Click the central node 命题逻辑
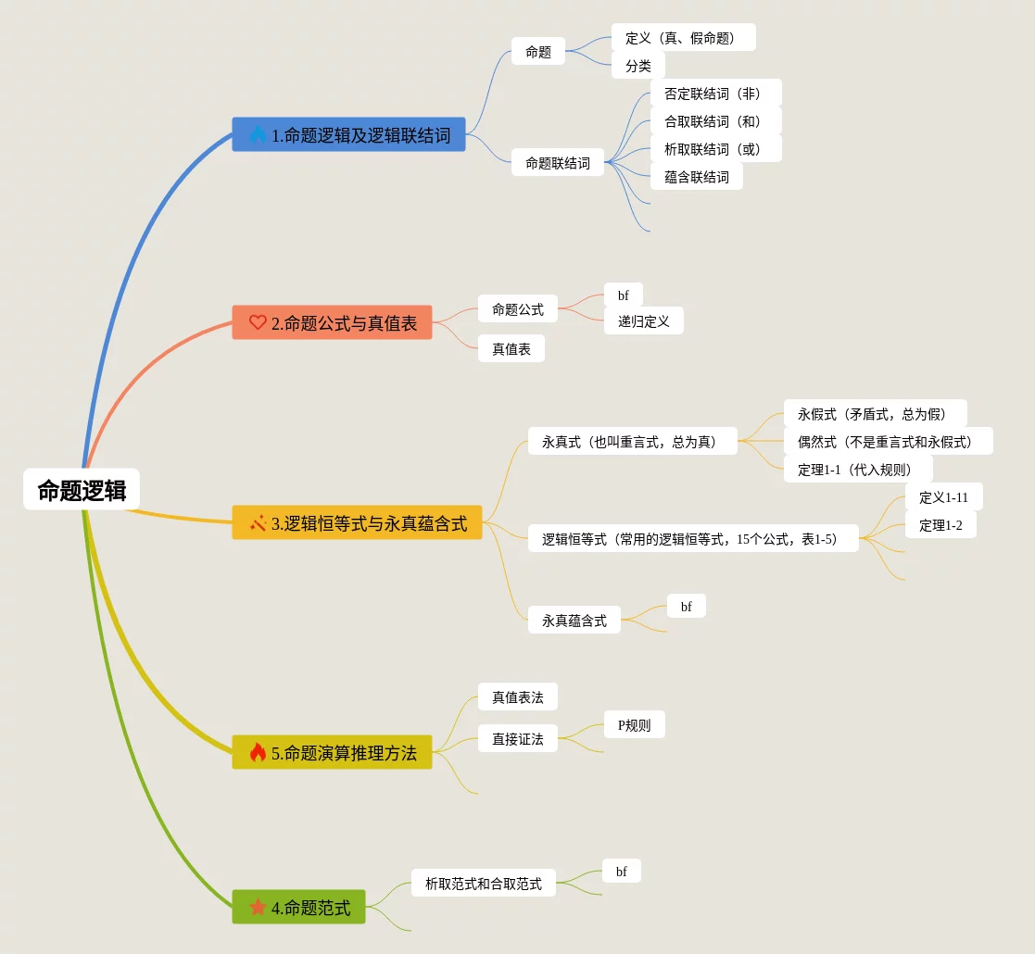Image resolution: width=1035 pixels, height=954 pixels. click(82, 490)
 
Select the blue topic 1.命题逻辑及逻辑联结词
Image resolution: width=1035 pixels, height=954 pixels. click(348, 135)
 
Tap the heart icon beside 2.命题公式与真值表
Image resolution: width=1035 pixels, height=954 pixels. click(258, 322)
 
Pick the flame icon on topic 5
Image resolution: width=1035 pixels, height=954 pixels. click(258, 752)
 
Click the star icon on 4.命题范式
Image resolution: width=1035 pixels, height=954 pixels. click(258, 907)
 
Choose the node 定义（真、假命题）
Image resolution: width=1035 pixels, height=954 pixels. click(683, 38)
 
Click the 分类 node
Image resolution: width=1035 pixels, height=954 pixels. click(637, 66)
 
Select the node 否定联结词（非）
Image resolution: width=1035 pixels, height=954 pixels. click(715, 94)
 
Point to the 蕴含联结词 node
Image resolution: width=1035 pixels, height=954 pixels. click(696, 177)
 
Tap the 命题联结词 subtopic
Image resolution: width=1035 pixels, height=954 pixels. click(557, 163)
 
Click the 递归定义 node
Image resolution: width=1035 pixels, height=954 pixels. click(643, 321)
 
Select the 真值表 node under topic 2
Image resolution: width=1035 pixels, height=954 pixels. click(511, 349)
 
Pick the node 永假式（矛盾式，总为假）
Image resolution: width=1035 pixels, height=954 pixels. click(875, 414)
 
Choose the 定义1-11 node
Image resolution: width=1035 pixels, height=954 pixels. click(943, 497)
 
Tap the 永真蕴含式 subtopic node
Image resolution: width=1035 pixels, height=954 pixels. click(574, 621)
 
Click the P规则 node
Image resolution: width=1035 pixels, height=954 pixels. click(634, 725)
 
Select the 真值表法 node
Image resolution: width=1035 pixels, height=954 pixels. click(517, 697)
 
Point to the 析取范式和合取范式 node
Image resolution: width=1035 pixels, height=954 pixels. click(483, 884)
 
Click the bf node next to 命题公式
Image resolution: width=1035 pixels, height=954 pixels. click(623, 295)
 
